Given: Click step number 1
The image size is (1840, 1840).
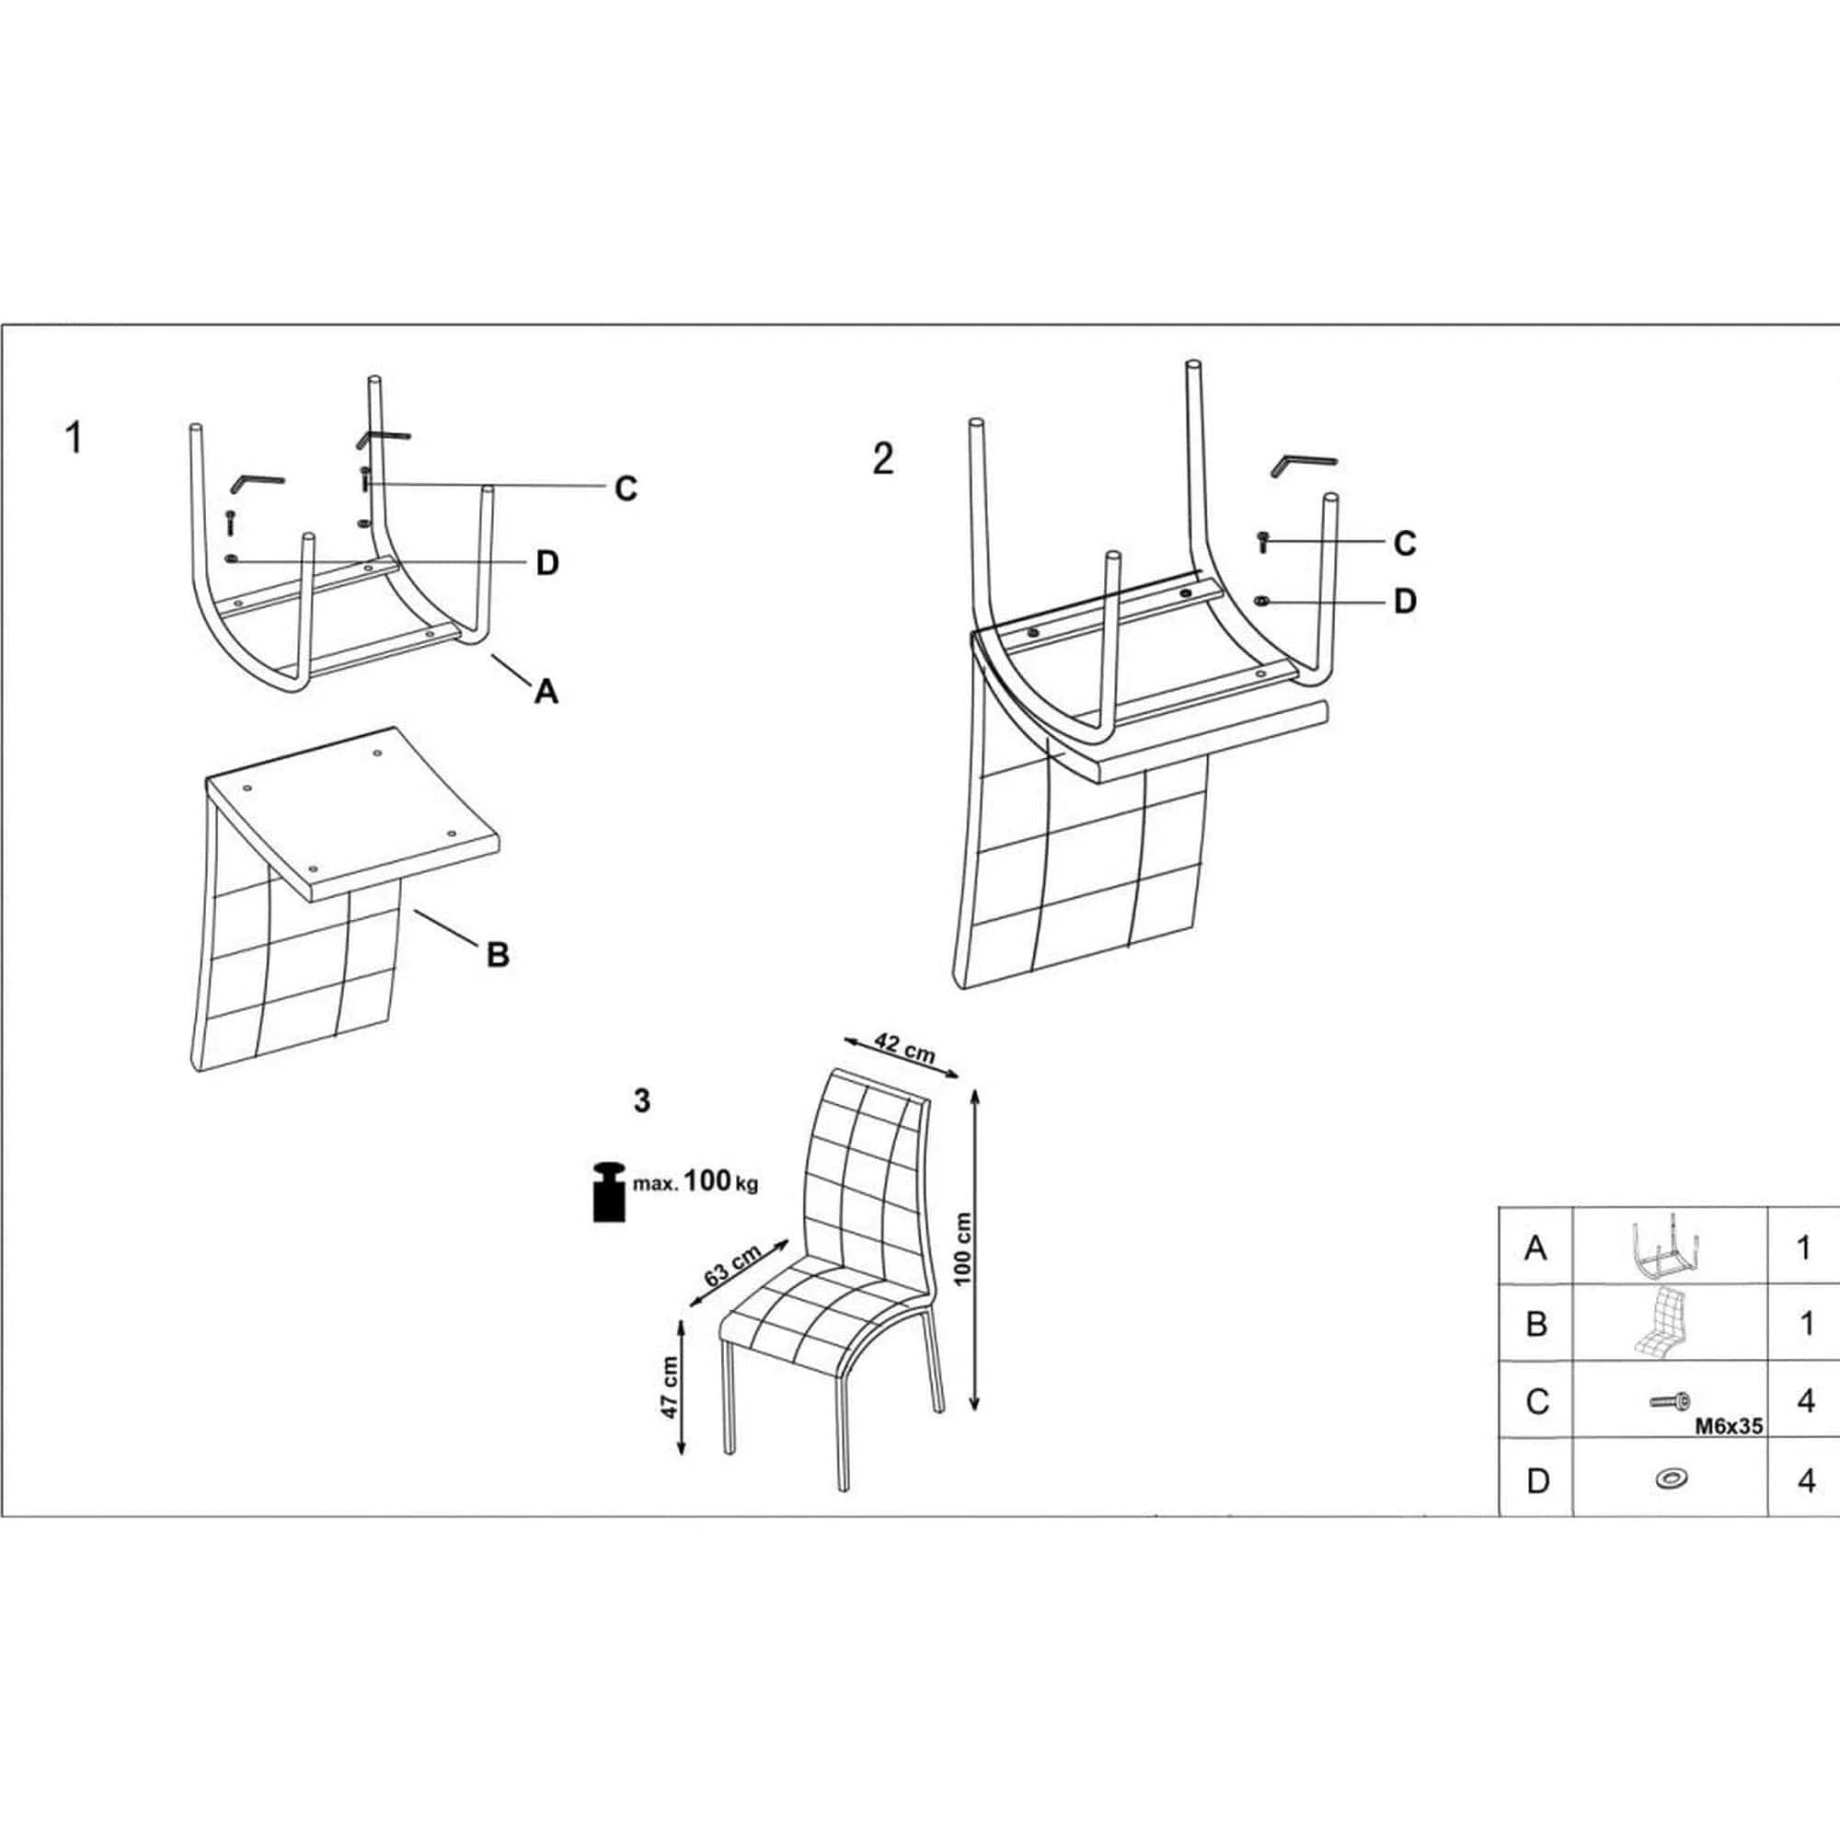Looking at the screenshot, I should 74,439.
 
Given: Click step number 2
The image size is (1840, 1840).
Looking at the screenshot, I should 883,460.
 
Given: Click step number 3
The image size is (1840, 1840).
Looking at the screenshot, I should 642,1101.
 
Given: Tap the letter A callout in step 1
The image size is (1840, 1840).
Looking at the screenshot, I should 546,692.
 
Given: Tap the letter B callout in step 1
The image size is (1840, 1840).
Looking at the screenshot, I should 497,953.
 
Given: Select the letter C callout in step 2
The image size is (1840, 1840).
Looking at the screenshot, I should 1405,544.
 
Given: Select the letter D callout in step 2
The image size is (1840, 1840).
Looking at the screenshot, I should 1405,602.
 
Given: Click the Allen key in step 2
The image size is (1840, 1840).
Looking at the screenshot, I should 1302,465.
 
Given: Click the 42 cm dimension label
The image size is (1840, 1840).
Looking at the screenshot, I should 904,1049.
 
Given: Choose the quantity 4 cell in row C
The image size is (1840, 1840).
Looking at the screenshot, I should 1805,1401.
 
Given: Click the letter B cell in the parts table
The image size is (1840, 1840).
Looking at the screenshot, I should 1536,1324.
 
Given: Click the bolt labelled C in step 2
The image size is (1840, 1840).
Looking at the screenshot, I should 1263,542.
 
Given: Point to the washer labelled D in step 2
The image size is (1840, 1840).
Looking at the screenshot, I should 1263,601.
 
